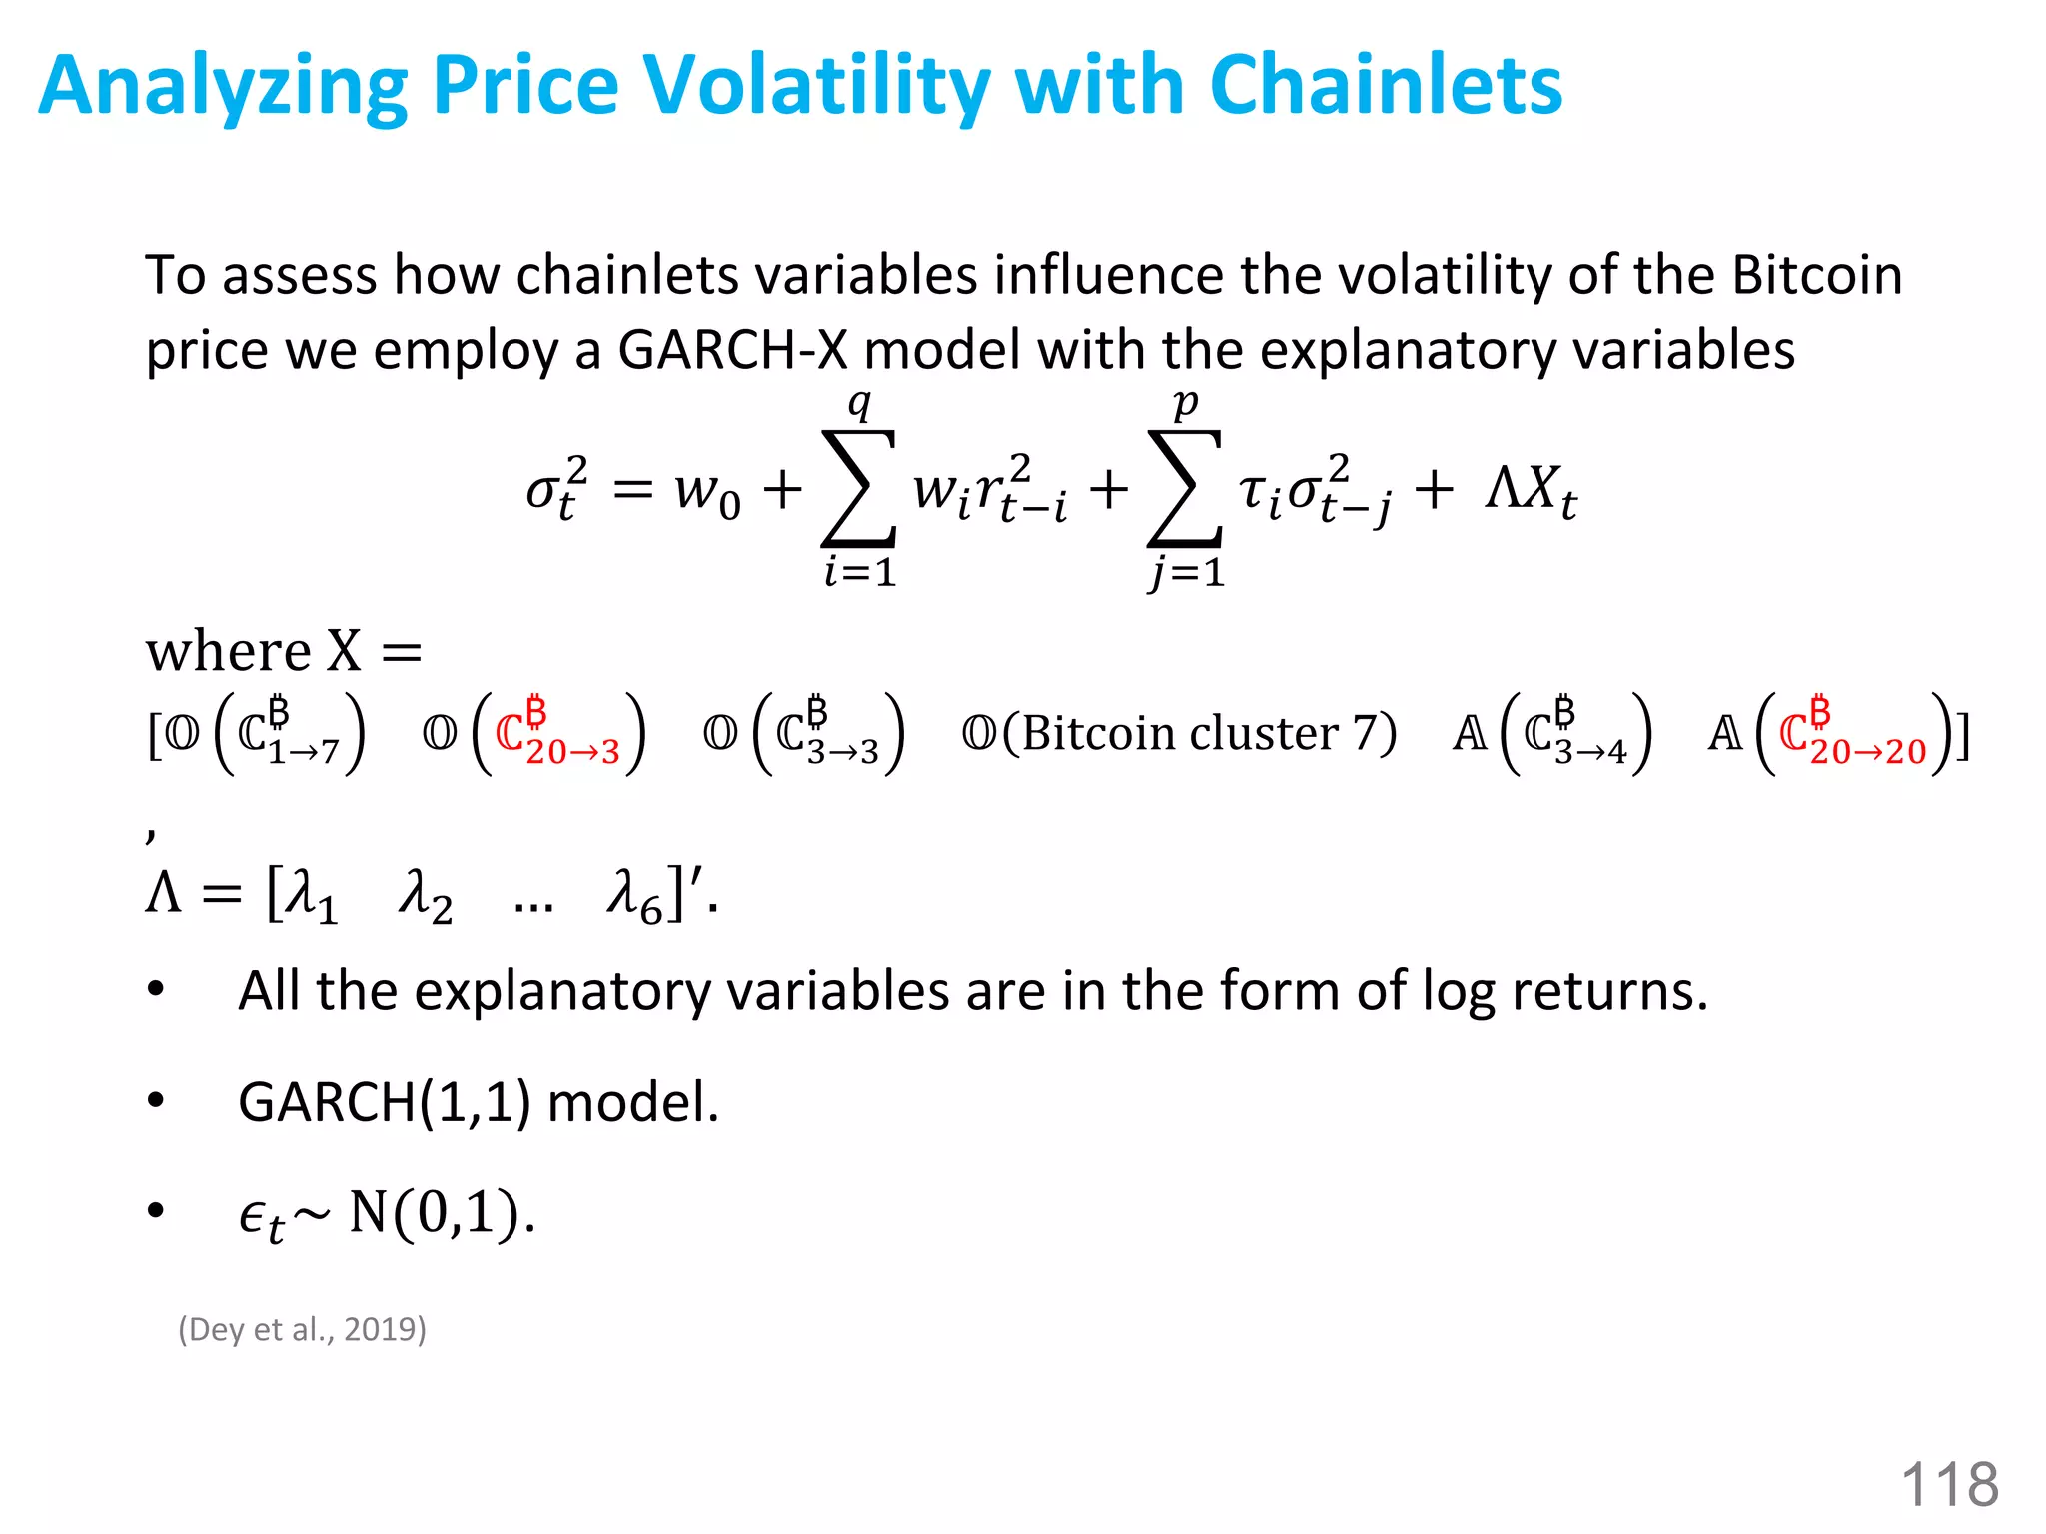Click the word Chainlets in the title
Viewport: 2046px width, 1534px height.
click(x=1386, y=86)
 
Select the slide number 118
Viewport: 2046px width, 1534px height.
click(x=1949, y=1484)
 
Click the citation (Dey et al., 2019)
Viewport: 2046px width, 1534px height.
click(x=302, y=1329)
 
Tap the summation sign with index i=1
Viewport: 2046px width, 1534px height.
click(x=858, y=489)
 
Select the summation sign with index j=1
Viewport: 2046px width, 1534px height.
click(x=1185, y=489)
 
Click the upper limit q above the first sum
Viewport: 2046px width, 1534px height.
click(x=859, y=404)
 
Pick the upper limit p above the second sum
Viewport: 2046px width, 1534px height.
click(x=1185, y=404)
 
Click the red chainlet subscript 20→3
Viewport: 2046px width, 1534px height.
click(x=572, y=752)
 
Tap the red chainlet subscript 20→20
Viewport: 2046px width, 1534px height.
click(x=1867, y=752)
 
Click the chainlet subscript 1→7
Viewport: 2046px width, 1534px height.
click(x=304, y=752)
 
